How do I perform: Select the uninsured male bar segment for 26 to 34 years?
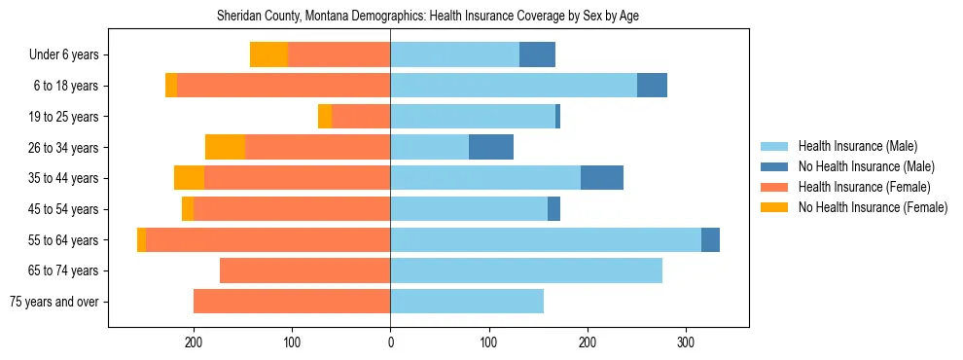pyautogui.click(x=490, y=147)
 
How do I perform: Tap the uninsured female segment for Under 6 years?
pyautogui.click(x=268, y=54)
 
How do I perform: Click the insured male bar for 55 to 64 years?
pyautogui.click(x=545, y=239)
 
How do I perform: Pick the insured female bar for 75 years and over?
pyautogui.click(x=292, y=302)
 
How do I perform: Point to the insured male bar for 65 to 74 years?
pyautogui.click(x=525, y=270)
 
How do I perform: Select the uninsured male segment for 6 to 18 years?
pyautogui.click(x=652, y=86)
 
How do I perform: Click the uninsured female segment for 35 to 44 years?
pyautogui.click(x=189, y=178)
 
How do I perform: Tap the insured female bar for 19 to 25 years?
pyautogui.click(x=361, y=117)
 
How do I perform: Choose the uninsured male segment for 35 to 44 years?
pyautogui.click(x=601, y=178)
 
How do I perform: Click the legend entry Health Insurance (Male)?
pyautogui.click(x=857, y=146)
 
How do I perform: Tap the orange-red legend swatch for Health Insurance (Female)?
pyautogui.click(x=774, y=187)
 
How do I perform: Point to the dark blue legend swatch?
pyautogui.click(x=774, y=166)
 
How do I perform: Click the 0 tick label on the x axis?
pyautogui.click(x=390, y=342)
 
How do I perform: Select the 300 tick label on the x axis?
pyautogui.click(x=686, y=342)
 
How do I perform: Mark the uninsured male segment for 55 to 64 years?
pyautogui.click(x=710, y=239)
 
